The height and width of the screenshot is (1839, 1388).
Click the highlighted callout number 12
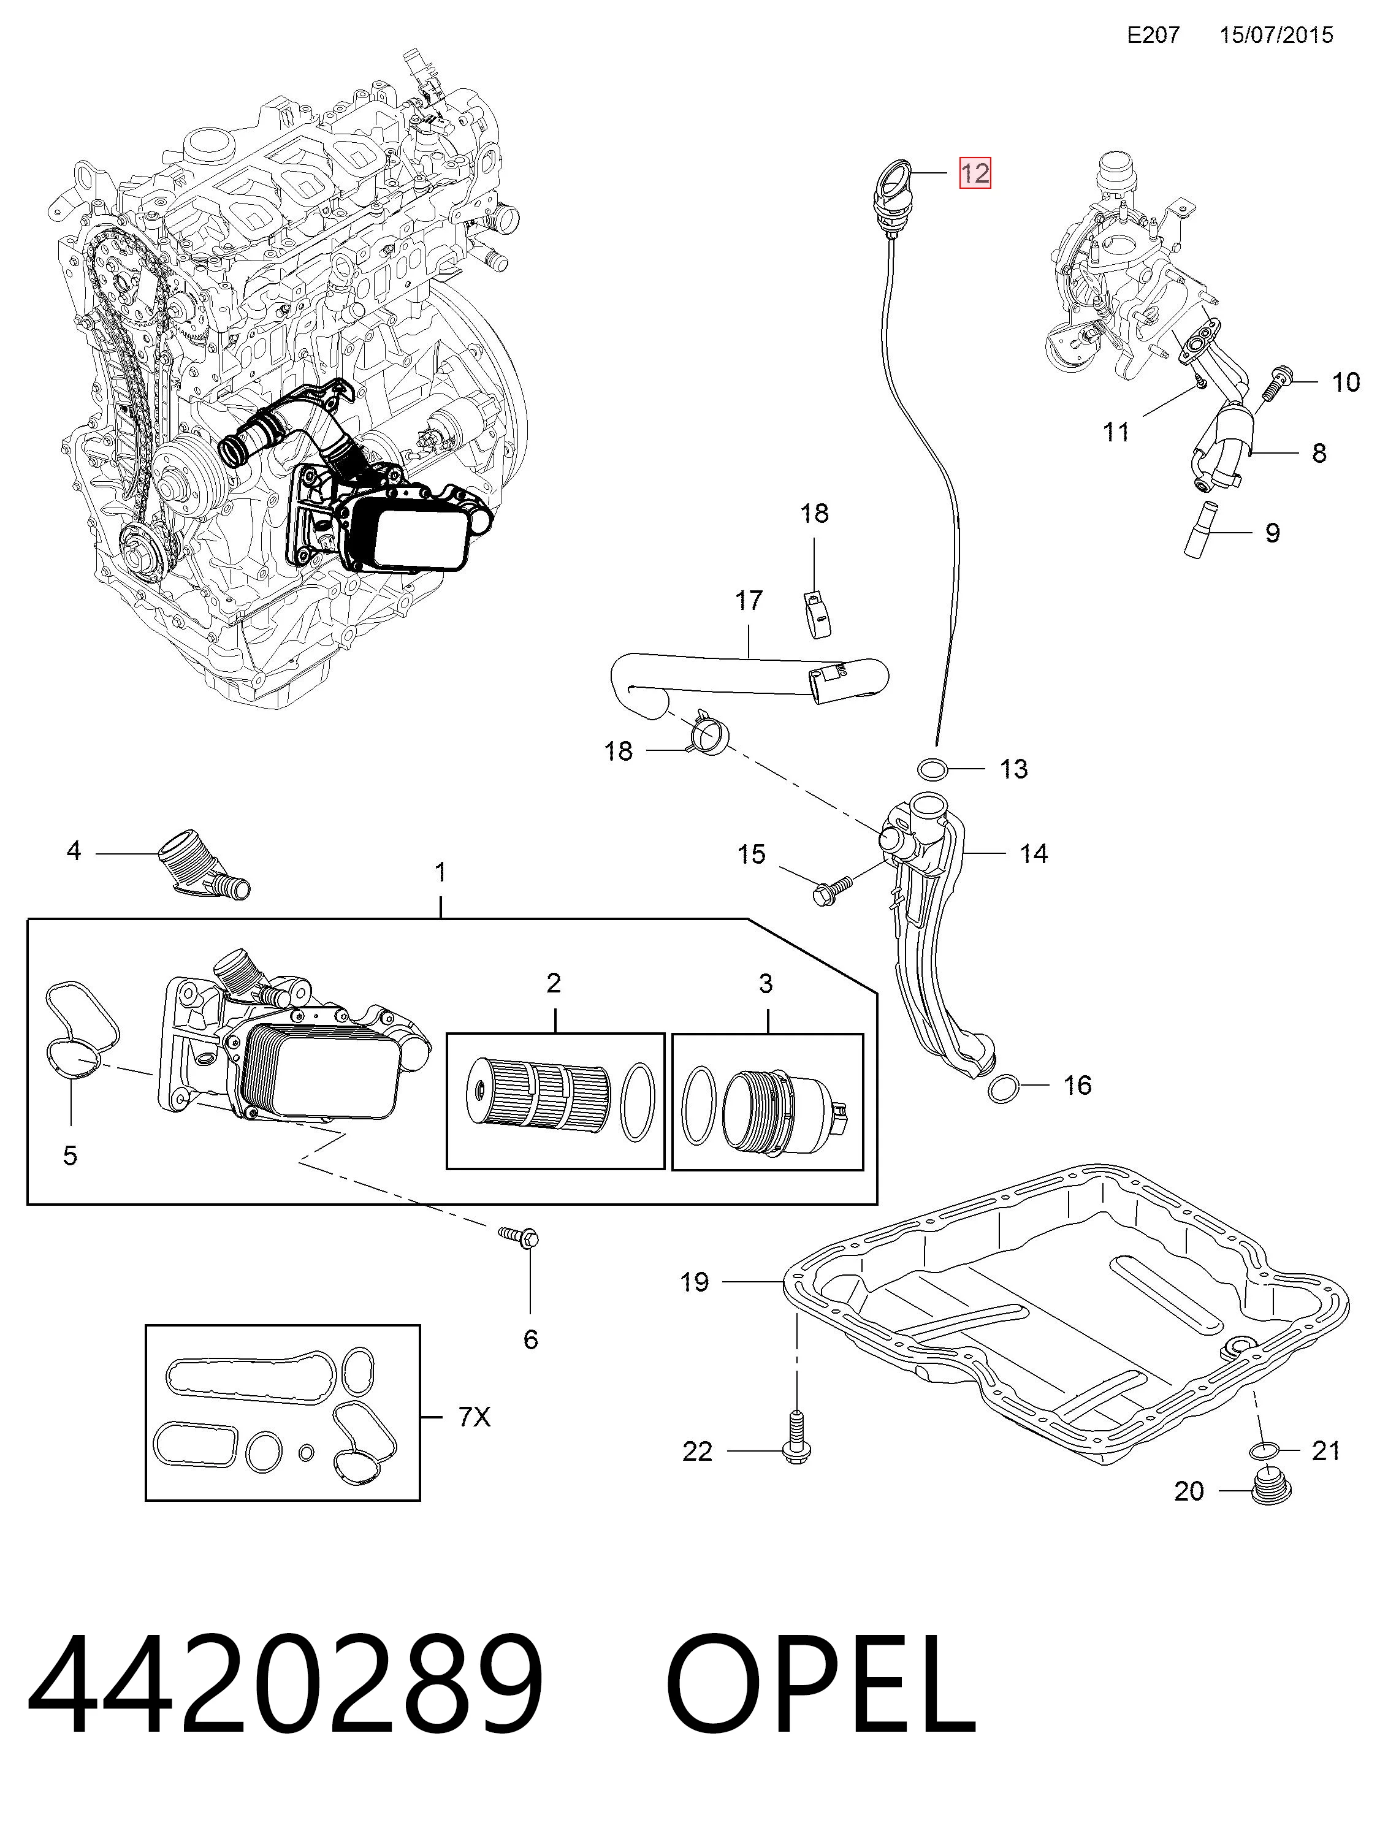(x=975, y=173)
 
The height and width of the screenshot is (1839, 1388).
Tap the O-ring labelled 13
(x=934, y=770)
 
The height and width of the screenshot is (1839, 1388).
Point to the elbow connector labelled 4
(x=202, y=863)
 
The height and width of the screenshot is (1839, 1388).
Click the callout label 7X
(x=475, y=1415)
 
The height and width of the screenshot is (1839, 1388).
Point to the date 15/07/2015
(x=1276, y=35)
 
